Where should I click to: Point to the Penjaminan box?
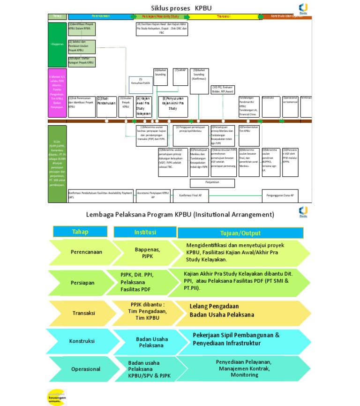212,183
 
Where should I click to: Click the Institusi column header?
145,232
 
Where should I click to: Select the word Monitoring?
244,375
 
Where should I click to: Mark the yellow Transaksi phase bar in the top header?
223,16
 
